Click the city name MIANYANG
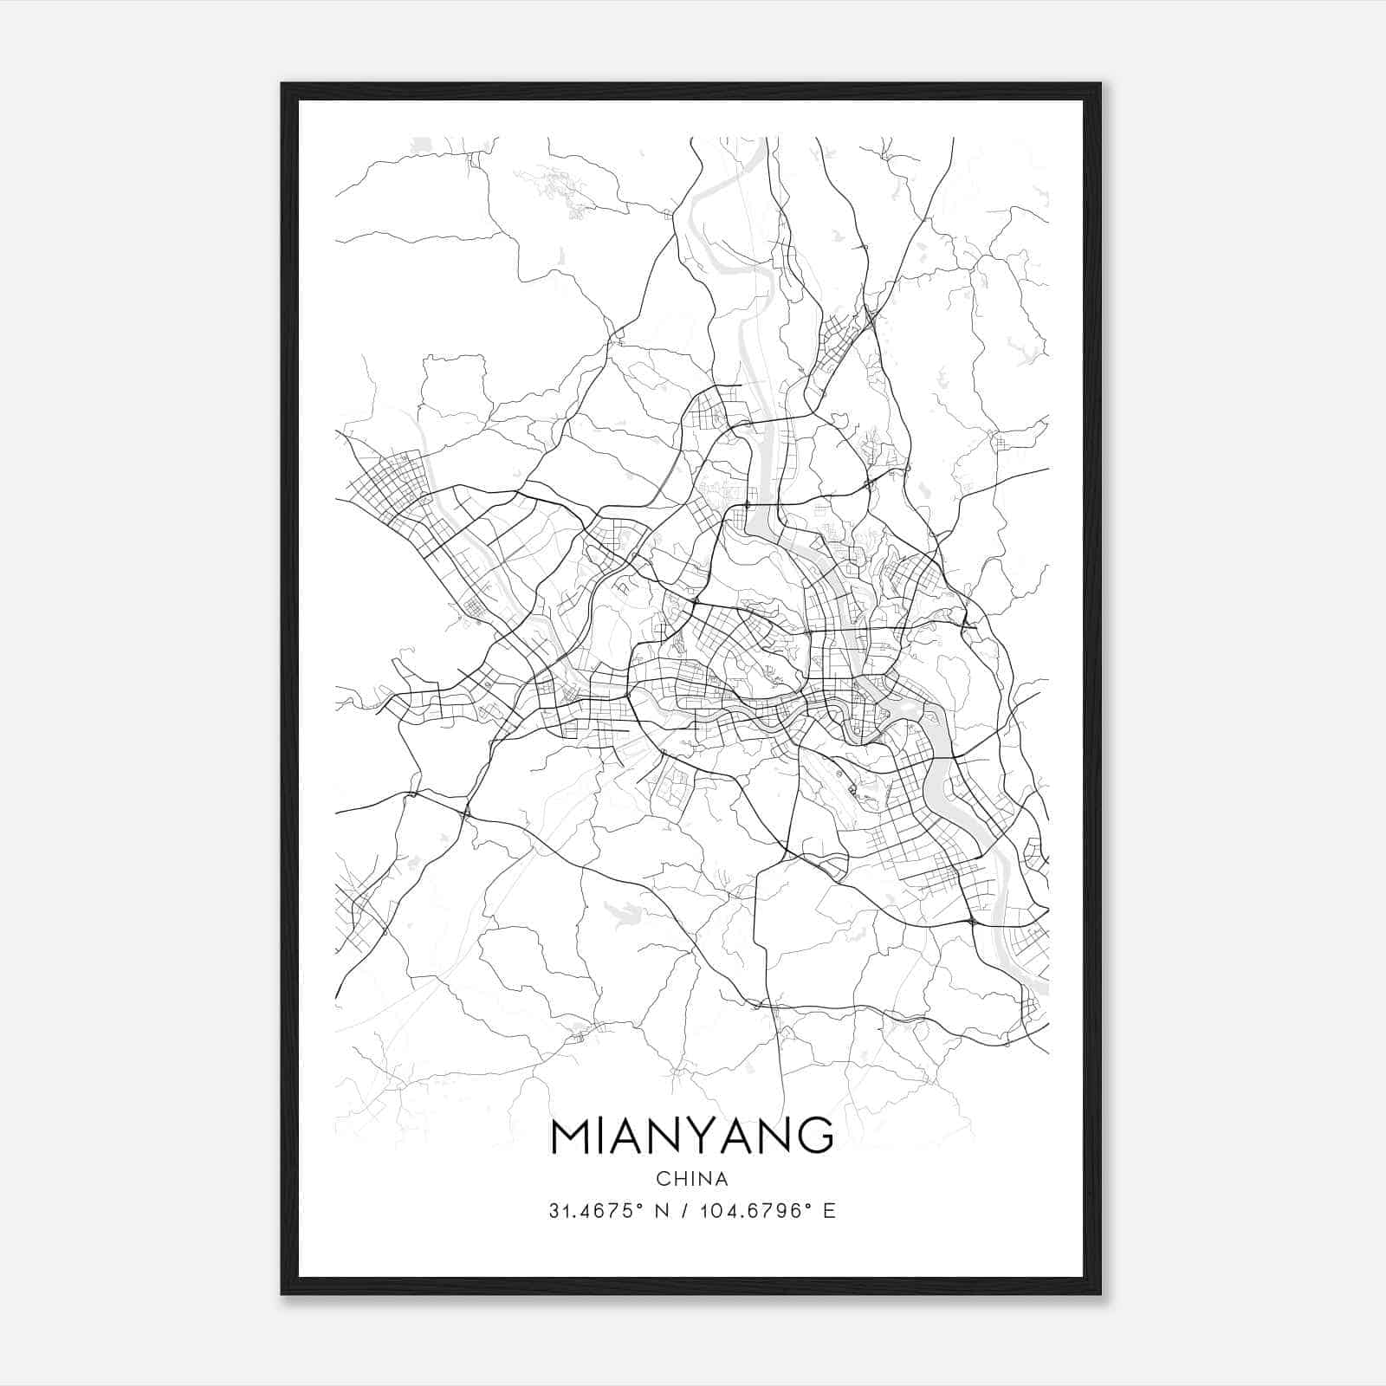(692, 1136)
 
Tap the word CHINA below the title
(692, 1179)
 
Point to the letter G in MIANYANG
(814, 1136)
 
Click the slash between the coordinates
(687, 1211)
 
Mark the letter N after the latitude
(666, 1211)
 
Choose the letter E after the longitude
(830, 1211)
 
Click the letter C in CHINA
(663, 1179)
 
